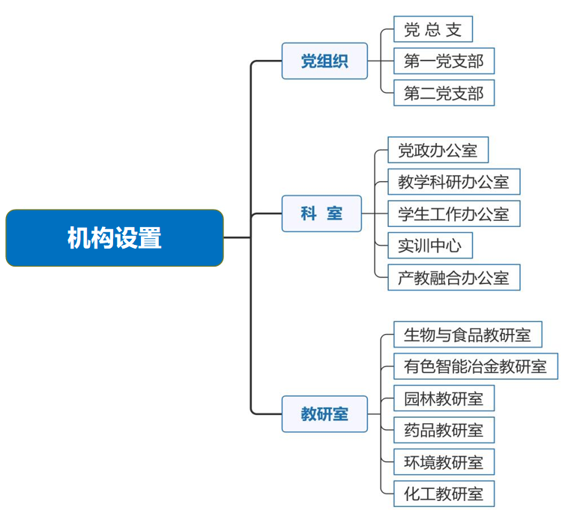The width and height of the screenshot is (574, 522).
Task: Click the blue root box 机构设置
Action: [115, 237]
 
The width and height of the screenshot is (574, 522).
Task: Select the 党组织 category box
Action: [324, 61]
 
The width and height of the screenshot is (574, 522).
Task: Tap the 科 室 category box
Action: [321, 213]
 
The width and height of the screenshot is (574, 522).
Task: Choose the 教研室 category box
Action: [324, 414]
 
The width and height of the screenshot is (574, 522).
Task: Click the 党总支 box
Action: [433, 29]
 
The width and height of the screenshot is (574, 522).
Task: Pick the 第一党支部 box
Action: [444, 61]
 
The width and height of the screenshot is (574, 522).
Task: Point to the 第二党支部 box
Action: [444, 93]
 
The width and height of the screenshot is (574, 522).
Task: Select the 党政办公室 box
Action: [438, 150]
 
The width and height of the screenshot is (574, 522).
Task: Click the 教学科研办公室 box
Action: [454, 182]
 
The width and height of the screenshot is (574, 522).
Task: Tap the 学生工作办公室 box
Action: [454, 213]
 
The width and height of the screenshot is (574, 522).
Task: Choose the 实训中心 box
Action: [430, 246]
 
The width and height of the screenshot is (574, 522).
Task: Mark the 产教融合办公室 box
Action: [454, 277]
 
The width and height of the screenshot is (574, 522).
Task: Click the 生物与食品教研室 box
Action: [468, 334]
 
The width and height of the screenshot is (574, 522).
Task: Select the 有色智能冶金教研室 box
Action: [476, 366]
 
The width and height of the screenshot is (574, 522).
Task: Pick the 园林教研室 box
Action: [444, 398]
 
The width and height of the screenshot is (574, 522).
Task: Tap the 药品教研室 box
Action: [444, 430]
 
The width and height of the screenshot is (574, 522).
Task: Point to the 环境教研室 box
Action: [444, 461]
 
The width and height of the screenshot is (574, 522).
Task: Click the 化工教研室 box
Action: [444, 494]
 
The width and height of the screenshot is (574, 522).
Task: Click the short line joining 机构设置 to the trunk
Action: [238, 237]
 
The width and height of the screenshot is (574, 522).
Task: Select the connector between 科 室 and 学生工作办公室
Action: [375, 213]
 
